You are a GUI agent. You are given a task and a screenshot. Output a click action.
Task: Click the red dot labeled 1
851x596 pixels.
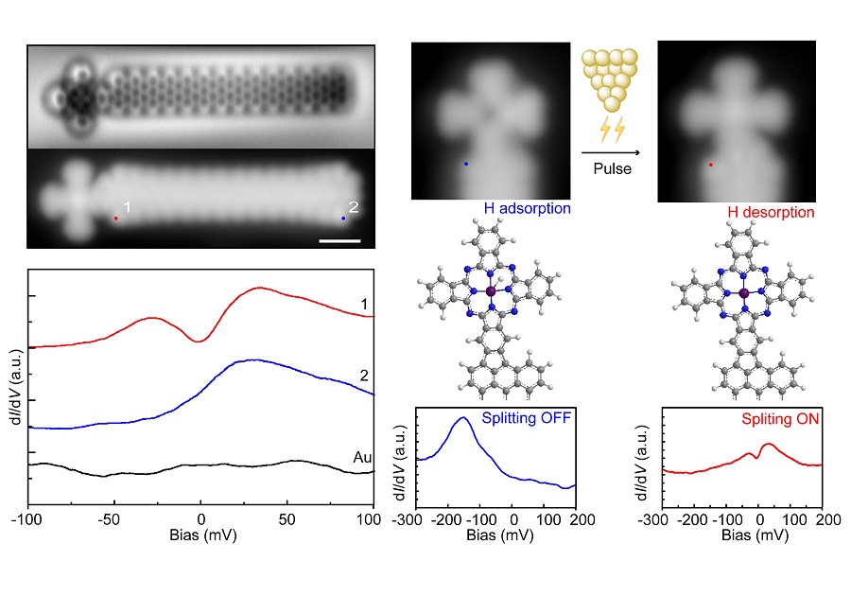tap(116, 218)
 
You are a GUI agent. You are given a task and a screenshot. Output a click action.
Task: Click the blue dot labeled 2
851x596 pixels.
tap(343, 219)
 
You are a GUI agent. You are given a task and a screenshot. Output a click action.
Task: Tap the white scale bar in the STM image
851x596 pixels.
tap(340, 240)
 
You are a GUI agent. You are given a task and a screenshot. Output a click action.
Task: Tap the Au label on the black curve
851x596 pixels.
tap(362, 458)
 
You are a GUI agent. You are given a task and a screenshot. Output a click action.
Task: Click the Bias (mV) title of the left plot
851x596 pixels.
tap(200, 537)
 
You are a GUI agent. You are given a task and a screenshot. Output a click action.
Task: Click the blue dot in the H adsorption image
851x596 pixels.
tap(465, 164)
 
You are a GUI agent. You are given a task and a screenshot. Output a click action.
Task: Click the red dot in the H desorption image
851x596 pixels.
tap(710, 164)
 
